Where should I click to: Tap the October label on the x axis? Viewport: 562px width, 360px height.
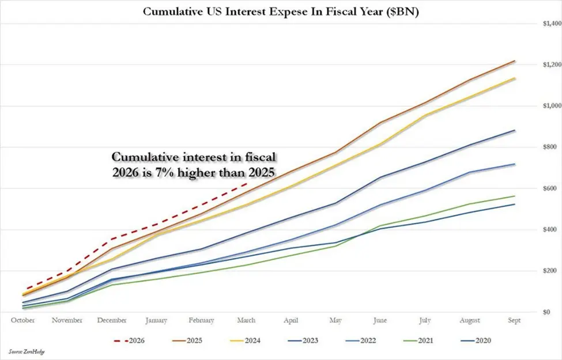click(23, 320)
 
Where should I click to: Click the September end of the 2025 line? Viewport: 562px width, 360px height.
click(515, 60)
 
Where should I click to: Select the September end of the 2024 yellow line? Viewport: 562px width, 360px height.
click(515, 78)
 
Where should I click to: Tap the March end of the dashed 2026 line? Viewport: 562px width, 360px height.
click(247, 183)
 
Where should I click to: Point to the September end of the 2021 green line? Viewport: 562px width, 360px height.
click(515, 196)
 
